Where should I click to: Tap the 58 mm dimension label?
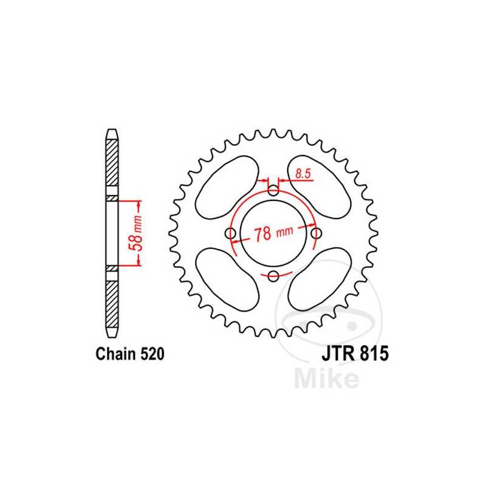pos(138,233)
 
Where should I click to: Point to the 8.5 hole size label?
pos(303,174)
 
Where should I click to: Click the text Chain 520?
pos(129,355)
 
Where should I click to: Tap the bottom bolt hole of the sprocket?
pos(273,277)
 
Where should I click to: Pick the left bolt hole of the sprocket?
pos(230,234)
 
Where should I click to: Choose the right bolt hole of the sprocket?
pos(315,234)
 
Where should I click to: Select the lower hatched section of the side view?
pos(112,304)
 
